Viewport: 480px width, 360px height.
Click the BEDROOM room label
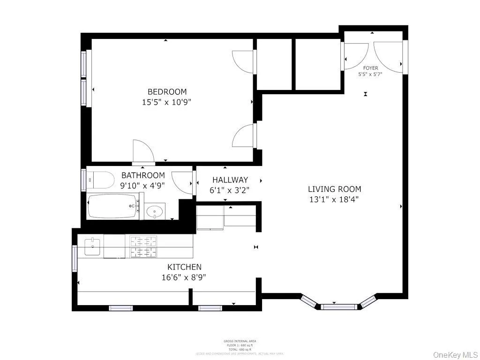point(167,92)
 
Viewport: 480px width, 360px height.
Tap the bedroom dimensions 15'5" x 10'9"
point(167,102)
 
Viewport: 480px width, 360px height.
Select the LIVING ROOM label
point(334,189)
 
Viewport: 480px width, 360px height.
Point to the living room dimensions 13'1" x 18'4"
point(334,199)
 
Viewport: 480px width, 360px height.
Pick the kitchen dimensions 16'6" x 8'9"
point(183,277)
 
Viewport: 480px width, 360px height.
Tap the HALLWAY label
point(230,180)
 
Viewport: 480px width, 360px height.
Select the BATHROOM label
point(143,176)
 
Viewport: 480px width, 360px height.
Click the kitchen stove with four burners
point(143,247)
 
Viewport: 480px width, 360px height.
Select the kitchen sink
point(93,247)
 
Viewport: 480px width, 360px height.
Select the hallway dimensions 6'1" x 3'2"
point(230,190)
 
